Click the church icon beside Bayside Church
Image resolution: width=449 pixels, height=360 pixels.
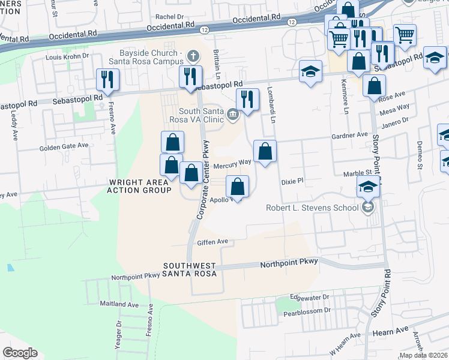[x=193, y=56]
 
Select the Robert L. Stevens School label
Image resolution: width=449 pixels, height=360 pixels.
[x=312, y=208]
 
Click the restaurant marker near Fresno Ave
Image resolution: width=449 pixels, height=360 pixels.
[x=107, y=80]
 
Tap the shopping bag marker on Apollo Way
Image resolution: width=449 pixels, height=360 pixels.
[x=238, y=186]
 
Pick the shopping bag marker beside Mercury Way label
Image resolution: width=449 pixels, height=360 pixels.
[x=265, y=151]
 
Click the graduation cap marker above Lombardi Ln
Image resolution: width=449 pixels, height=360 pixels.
[x=310, y=71]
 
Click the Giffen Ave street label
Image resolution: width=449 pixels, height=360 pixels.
[x=213, y=242]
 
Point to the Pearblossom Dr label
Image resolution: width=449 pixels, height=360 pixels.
[x=307, y=311]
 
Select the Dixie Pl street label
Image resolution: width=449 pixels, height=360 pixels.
[x=294, y=180]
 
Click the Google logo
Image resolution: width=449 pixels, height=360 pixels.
[x=20, y=353]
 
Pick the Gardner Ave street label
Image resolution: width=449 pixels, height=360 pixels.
[x=349, y=136]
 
